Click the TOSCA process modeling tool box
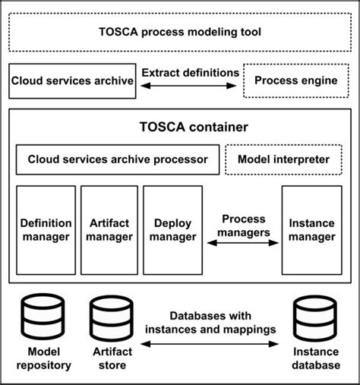pos(180,32)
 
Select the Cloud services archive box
pos(72,81)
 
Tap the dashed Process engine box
pos(295,81)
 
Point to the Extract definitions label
pos(189,73)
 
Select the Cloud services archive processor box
pos(117,159)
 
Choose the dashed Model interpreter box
pos(283,159)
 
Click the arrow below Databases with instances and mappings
pos(212,345)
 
